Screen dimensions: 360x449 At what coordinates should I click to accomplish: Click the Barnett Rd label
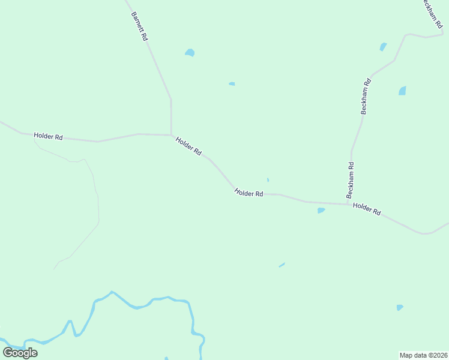click(x=139, y=25)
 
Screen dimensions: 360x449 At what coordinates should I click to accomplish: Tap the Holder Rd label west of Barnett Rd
click(x=48, y=136)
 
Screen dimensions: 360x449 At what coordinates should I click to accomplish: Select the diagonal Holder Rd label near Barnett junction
click(x=188, y=146)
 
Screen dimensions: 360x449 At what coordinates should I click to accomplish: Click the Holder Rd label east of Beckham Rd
click(x=367, y=209)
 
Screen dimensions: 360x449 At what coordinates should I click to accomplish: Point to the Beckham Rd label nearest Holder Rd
click(x=350, y=180)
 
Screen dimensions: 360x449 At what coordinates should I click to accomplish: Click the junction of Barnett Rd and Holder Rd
click(x=172, y=134)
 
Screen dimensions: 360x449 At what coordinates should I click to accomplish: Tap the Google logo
click(x=20, y=352)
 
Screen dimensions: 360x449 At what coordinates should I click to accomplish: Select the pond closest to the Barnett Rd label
click(x=190, y=53)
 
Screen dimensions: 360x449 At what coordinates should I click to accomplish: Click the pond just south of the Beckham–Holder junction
click(x=321, y=211)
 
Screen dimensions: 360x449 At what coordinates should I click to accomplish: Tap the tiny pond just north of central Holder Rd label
click(x=268, y=179)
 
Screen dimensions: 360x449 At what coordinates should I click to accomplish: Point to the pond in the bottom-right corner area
click(x=400, y=308)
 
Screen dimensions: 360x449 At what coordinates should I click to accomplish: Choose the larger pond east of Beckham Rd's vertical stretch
click(x=402, y=91)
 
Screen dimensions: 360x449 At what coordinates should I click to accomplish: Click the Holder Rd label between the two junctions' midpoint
click(x=249, y=193)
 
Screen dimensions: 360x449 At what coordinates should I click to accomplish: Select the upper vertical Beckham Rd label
click(x=366, y=96)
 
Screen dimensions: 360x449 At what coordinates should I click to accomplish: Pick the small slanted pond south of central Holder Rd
click(x=282, y=265)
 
